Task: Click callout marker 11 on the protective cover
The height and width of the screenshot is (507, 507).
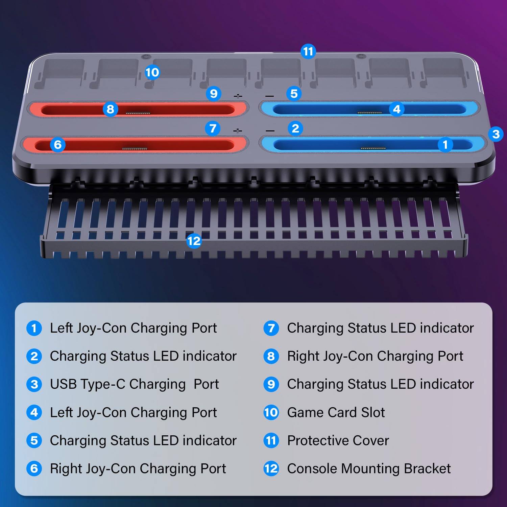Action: tap(308, 51)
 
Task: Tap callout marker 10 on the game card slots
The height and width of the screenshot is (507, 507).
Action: tap(152, 72)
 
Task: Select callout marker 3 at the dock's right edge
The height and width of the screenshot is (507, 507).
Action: tap(496, 134)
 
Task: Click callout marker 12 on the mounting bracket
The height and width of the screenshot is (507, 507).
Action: tap(194, 241)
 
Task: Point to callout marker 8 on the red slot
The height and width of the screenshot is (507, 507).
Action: tap(110, 109)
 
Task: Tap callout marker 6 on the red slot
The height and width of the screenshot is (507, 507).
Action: tap(58, 145)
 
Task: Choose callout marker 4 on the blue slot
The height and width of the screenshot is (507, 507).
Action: tap(396, 109)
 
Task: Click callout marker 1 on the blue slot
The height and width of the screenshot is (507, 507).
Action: tap(445, 145)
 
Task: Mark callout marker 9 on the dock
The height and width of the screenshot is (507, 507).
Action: tap(214, 93)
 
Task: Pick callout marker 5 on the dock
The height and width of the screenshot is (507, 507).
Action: tap(294, 93)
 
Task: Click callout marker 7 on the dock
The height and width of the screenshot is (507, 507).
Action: tap(213, 128)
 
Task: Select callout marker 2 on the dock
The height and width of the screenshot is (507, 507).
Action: tap(295, 128)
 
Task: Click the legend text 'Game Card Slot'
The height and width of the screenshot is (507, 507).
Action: tap(336, 412)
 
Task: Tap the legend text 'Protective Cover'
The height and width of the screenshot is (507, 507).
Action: tap(338, 440)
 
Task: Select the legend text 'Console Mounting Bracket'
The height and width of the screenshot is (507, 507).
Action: tap(369, 468)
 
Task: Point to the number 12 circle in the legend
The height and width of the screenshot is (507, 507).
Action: tap(271, 468)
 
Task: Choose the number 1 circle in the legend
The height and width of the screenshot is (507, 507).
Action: tap(34, 328)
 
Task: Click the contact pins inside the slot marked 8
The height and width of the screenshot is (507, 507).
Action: tap(138, 112)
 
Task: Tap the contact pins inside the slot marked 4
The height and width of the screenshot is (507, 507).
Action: tap(369, 113)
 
